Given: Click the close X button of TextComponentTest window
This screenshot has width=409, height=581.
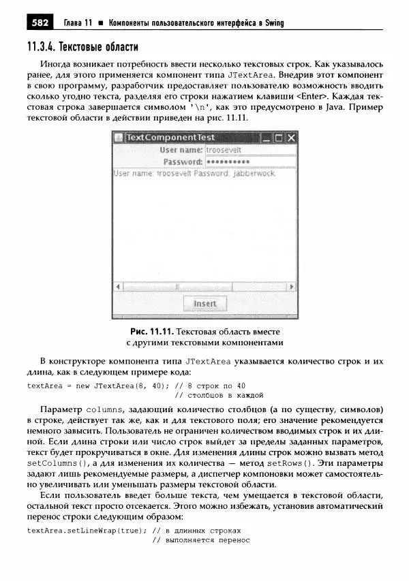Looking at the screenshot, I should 291,138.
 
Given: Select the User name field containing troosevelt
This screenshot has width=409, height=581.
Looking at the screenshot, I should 250,150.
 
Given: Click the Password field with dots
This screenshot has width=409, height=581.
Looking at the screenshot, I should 250,162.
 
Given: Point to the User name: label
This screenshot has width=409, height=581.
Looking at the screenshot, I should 181,150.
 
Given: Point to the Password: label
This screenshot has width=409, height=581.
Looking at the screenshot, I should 183,162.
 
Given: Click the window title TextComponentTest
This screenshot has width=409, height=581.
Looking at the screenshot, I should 170,138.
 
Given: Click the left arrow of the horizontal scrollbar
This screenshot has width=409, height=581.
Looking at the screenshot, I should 117,287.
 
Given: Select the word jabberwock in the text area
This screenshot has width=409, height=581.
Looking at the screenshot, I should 254,174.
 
